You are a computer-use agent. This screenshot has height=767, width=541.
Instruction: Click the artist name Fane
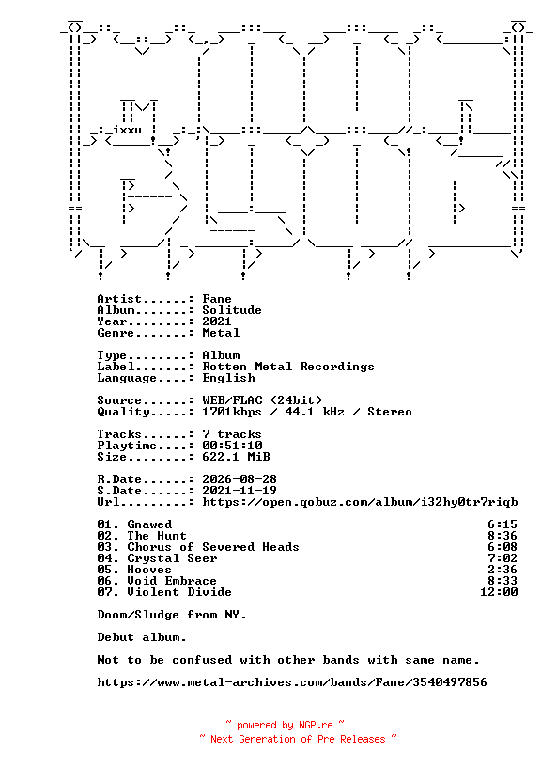click(217, 299)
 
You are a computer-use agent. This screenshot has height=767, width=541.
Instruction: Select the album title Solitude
click(232, 310)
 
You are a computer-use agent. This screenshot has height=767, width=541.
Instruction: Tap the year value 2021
click(217, 321)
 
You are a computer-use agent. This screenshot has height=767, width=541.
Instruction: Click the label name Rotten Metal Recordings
click(288, 367)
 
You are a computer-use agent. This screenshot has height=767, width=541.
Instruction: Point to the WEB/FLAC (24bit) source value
click(262, 400)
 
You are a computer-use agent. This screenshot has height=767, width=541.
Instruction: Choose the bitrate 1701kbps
click(232, 412)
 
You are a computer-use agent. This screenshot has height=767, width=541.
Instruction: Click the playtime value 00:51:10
click(232, 446)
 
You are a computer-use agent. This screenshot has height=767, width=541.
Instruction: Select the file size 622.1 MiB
click(236, 457)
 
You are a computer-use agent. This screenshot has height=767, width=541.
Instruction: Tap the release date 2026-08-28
click(240, 479)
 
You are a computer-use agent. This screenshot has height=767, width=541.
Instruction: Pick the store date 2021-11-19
click(240, 491)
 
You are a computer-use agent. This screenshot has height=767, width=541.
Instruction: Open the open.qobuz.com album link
click(360, 502)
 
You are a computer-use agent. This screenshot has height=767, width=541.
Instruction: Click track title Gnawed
click(149, 524)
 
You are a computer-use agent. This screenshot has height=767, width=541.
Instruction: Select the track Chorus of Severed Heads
click(213, 547)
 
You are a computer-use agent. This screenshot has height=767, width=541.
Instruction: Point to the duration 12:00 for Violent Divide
click(499, 592)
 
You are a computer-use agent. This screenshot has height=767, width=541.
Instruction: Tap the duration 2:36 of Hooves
click(502, 570)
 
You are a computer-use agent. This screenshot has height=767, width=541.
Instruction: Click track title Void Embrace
click(172, 581)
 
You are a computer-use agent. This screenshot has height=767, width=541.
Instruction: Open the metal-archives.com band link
click(292, 682)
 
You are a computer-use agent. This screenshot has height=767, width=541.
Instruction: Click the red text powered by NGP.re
click(285, 725)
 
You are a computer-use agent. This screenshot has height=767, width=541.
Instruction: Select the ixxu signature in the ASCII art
click(127, 130)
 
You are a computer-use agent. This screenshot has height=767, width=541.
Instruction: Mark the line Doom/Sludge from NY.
click(172, 615)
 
